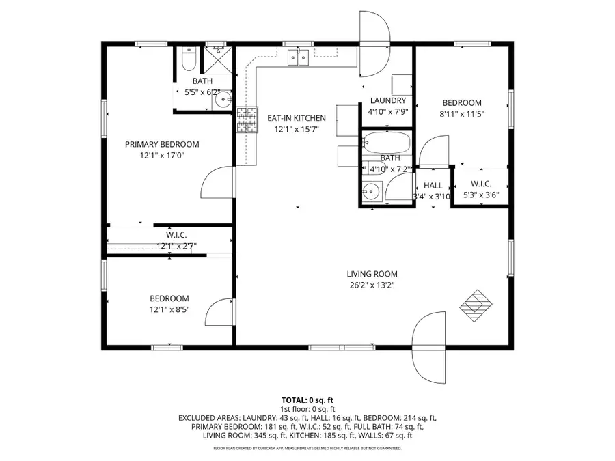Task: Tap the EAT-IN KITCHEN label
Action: pyautogui.click(x=296, y=118)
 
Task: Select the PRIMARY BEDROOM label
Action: pyautogui.click(x=161, y=144)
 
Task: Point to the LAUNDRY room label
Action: pyautogui.click(x=387, y=101)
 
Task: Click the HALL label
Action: pyautogui.click(x=433, y=186)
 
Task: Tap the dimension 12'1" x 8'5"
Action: pyautogui.click(x=169, y=309)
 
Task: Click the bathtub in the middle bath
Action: pyautogui.click(x=387, y=143)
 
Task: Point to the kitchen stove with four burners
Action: pyautogui.click(x=246, y=120)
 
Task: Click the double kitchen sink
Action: pyautogui.click(x=297, y=57)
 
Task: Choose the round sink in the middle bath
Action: pyautogui.click(x=371, y=191)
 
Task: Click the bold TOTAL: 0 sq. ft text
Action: pyautogui.click(x=307, y=400)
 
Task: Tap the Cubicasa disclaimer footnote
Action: pyautogui.click(x=307, y=449)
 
